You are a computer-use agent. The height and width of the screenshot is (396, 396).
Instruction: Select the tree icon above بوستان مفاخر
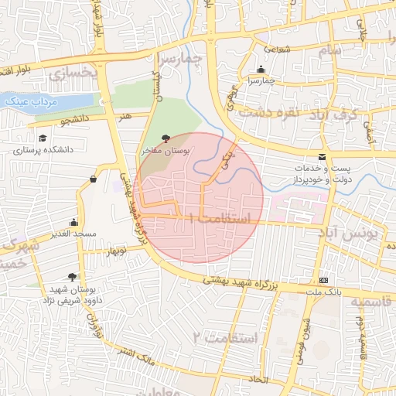pyautogui.click(x=167, y=138)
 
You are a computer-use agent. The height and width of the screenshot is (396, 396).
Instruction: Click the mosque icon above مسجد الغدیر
pyautogui.click(x=73, y=221)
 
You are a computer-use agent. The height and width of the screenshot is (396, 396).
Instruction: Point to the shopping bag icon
pyautogui.click(x=93, y=179)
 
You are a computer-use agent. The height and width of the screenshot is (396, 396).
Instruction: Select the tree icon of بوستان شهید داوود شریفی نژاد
pyautogui.click(x=73, y=276)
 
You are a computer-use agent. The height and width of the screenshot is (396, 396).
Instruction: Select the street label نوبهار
pyautogui.click(x=115, y=251)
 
